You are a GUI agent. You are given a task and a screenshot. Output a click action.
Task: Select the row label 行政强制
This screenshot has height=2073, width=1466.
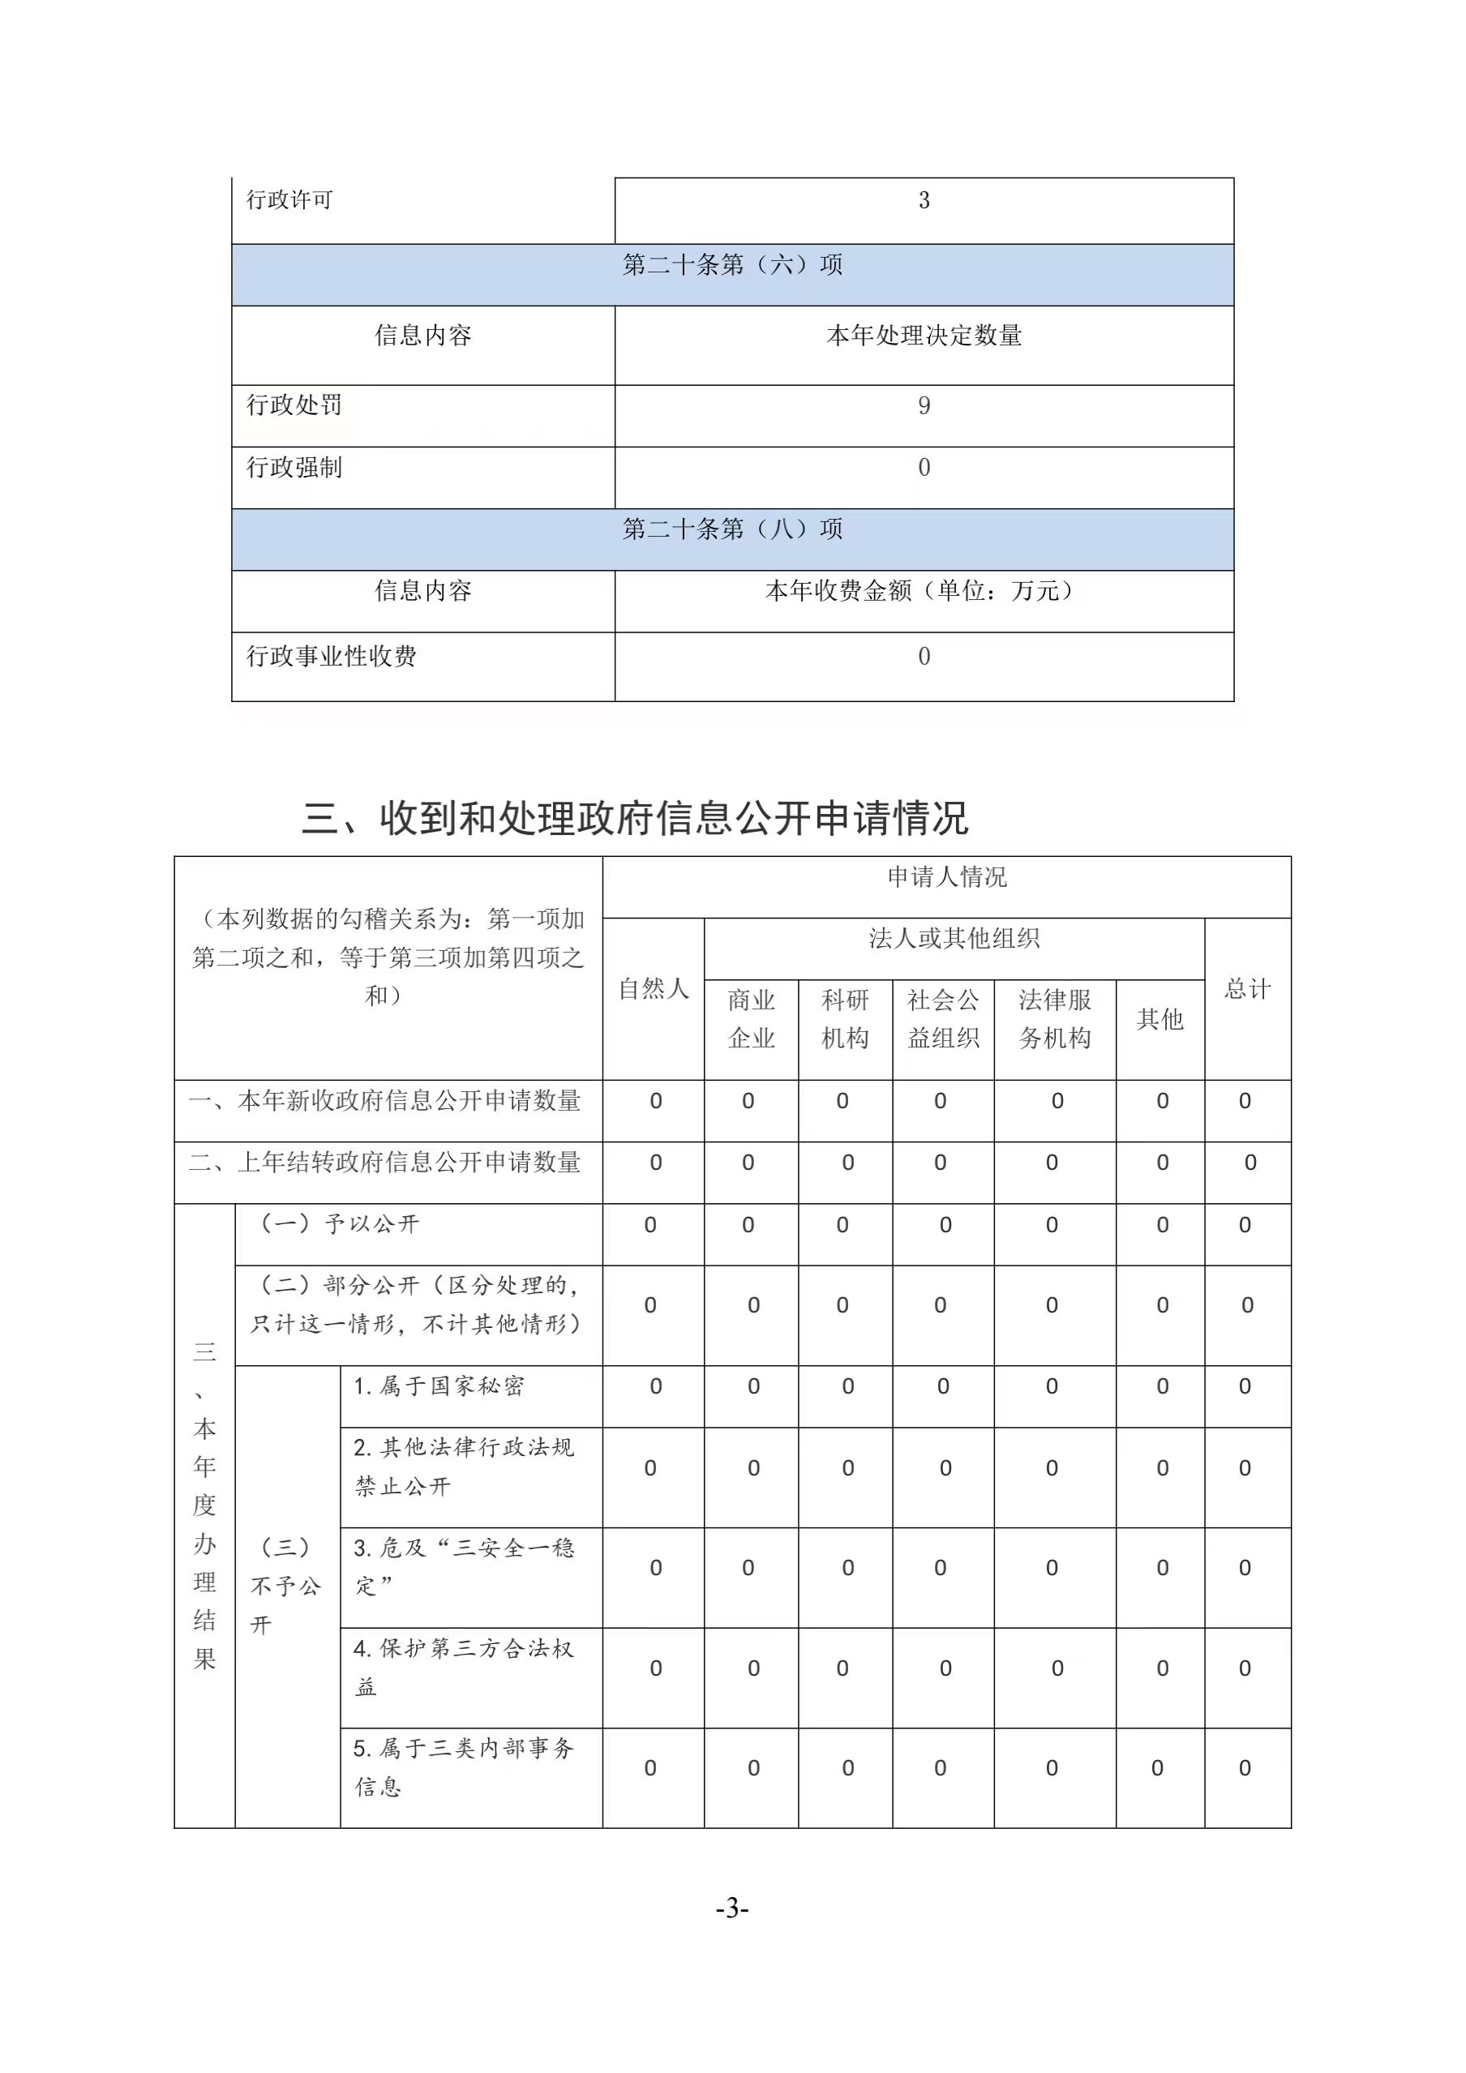[x=294, y=467]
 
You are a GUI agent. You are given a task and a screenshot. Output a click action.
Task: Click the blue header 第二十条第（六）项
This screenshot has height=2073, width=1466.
[x=731, y=264]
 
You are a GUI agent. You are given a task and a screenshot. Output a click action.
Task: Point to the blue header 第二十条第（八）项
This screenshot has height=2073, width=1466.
[x=731, y=529]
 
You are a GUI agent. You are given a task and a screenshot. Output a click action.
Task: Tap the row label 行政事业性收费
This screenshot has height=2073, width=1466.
[x=332, y=657]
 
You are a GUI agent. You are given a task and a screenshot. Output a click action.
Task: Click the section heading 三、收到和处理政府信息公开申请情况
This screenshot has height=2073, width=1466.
[x=635, y=818]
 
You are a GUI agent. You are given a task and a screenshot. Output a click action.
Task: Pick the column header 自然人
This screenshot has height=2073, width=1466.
[x=653, y=988]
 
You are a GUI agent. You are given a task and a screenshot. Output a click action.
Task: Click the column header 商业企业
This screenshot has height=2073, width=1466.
[x=751, y=1019]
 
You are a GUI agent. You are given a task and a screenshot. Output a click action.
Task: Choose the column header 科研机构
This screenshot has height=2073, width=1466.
[x=845, y=1019]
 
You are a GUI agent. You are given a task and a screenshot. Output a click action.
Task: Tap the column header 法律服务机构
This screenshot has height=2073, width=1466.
[x=1054, y=1019]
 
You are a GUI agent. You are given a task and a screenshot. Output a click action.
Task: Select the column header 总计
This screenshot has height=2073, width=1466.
[x=1247, y=988]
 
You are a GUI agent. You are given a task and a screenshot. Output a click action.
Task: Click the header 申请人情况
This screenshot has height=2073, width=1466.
[x=946, y=876]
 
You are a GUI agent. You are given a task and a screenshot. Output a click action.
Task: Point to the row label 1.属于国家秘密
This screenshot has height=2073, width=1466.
[x=438, y=1386]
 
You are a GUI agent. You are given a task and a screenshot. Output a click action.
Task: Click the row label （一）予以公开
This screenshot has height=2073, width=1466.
[x=340, y=1224]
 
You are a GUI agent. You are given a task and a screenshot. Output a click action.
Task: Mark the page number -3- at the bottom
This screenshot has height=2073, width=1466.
[x=731, y=1908]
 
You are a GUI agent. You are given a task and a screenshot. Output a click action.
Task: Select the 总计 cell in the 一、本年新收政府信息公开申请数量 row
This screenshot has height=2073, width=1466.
[x=1245, y=1101]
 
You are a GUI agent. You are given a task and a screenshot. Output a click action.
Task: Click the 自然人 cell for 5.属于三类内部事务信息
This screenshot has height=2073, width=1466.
[x=650, y=1768]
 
